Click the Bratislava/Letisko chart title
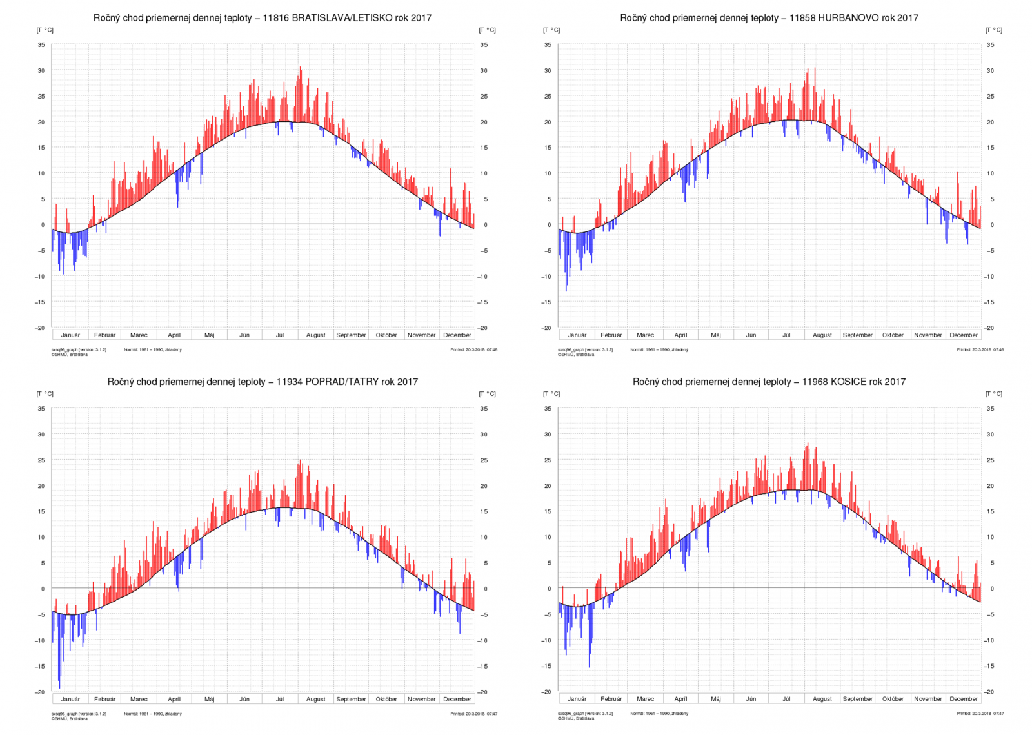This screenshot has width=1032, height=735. [262, 18]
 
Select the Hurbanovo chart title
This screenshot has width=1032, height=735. [769, 18]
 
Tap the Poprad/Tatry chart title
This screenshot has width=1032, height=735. [263, 382]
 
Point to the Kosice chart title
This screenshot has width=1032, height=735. [769, 382]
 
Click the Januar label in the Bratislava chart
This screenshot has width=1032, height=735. [70, 335]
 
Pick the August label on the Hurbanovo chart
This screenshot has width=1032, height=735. [822, 335]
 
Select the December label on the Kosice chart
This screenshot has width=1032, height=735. [963, 699]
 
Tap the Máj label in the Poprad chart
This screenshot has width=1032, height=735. [209, 699]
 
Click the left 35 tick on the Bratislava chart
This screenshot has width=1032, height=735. [41, 45]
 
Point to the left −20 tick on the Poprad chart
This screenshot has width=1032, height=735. [40, 692]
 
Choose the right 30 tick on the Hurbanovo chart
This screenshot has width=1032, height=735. [990, 71]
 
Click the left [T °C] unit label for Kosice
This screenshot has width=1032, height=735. [551, 394]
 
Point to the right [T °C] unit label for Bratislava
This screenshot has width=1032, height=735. [487, 30]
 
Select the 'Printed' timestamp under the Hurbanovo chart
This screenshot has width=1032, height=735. [980, 350]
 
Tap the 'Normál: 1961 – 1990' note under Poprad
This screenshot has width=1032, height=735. [152, 714]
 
